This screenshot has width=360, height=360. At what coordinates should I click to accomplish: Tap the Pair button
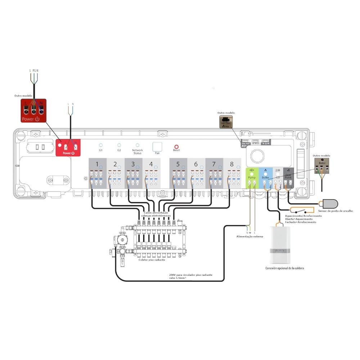coord(157,147)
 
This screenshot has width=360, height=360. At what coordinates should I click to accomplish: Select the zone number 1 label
coord(97,164)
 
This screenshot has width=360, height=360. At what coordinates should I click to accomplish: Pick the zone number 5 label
coord(178,164)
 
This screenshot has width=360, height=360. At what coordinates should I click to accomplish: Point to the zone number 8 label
coord(231,164)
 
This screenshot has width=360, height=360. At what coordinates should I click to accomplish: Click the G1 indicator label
coord(101,150)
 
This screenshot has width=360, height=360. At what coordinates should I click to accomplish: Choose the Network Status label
coord(138,152)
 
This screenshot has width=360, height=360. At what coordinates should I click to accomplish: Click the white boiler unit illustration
coord(282,243)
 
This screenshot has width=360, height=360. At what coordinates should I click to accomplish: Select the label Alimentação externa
coord(249,237)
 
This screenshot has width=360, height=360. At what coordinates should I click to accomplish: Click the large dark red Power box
coord(33,110)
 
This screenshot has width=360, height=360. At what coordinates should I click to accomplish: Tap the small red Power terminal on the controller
coord(68,148)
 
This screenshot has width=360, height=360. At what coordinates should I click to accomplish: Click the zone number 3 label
coord(133,164)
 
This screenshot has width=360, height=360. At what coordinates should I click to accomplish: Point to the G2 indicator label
coord(119,150)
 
